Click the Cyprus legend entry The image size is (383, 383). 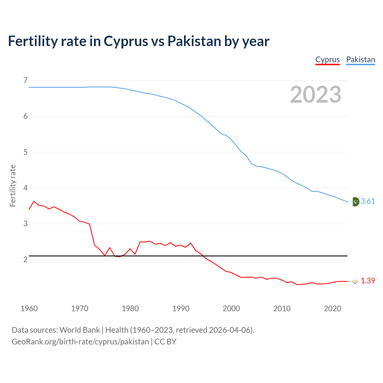point(327,60)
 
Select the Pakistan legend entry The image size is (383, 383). point(360,60)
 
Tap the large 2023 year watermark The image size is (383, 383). point(315,95)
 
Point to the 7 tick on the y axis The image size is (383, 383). point(25,80)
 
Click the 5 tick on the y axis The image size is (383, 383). point(25,152)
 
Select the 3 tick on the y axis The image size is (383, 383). point(25,224)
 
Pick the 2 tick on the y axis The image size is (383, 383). point(25,259)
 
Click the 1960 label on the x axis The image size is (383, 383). point(29,308)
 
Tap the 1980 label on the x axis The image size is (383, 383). point(130,308)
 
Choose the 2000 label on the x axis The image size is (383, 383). point(231,308)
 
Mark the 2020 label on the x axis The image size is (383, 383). point(332,308)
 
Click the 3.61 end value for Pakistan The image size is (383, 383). point(368,201)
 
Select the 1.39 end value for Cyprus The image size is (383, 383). point(368,281)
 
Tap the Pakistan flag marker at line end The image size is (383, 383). point(355,202)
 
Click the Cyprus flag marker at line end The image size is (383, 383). point(355,281)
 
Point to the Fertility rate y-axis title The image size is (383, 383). point(13,186)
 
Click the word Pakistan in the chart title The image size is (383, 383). point(194,41)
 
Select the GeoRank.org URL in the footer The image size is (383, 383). point(80,342)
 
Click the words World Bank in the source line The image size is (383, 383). point(80,330)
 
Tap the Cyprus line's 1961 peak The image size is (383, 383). point(34,201)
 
